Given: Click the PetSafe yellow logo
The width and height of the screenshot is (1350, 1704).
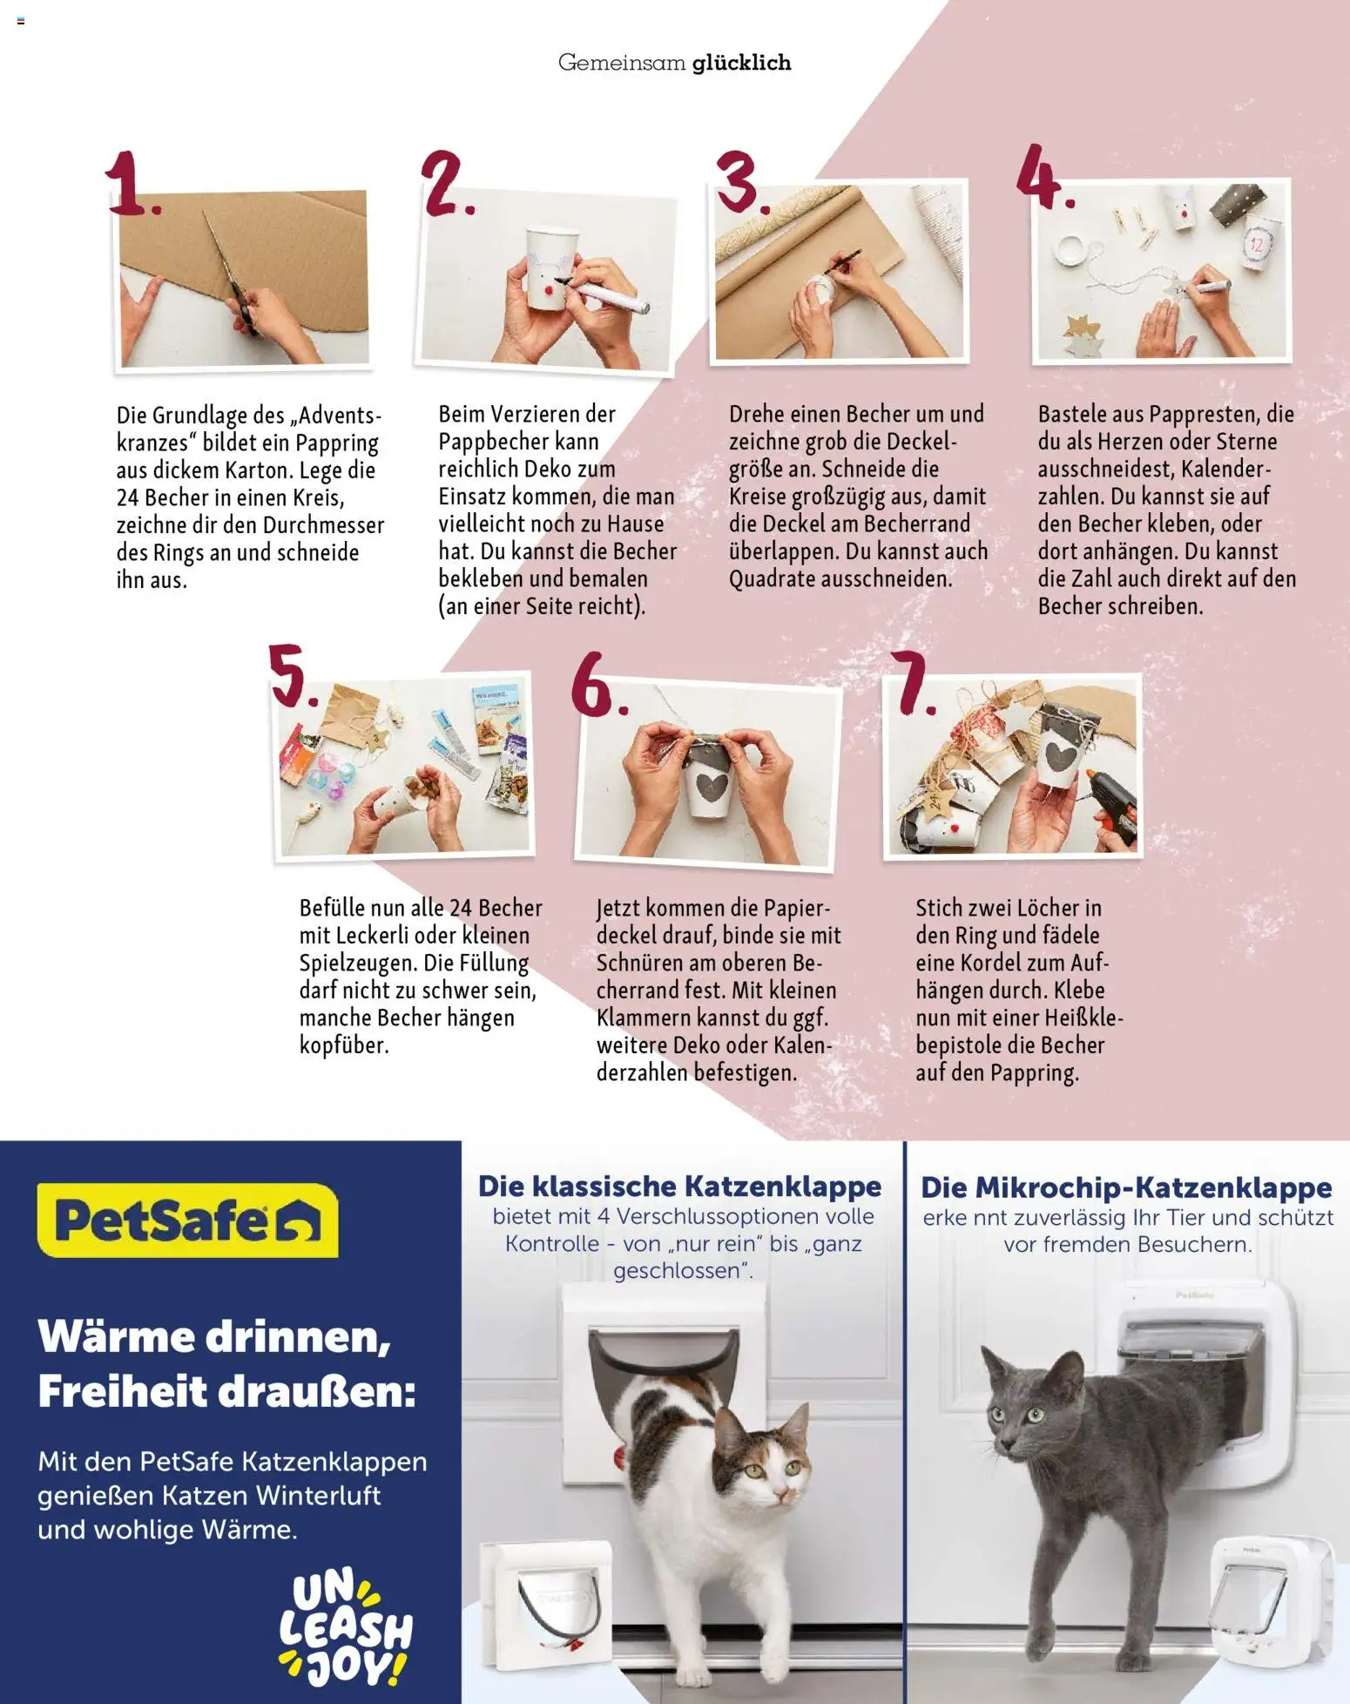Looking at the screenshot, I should [x=187, y=1220].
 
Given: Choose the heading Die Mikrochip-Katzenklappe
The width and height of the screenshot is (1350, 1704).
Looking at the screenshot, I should [x=1126, y=1187].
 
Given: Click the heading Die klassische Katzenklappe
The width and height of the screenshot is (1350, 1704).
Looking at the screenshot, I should [x=679, y=1187].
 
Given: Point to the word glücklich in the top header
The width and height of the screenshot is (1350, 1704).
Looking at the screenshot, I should [x=741, y=63].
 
